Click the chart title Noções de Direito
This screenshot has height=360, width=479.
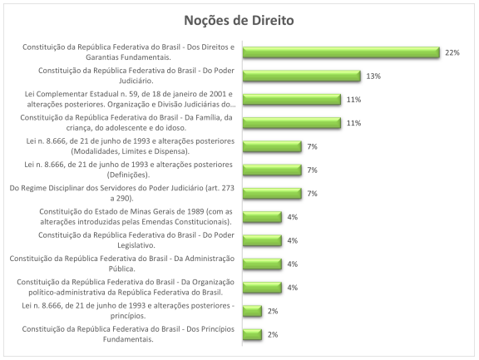coord(239,18)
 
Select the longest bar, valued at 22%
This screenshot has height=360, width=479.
coord(341,52)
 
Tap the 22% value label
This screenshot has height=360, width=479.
coord(452,52)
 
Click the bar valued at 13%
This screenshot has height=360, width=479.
coord(301,76)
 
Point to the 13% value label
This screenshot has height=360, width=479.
coord(373,76)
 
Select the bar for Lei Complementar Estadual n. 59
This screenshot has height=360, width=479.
coord(292,99)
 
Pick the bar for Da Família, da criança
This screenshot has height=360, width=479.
coord(292,123)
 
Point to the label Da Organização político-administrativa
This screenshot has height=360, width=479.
coord(125,287)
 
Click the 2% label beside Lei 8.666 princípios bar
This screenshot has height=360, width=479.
coord(273,311)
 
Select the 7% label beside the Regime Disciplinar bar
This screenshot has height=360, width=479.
coord(314,193)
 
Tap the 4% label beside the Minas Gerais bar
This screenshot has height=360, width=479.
coord(293,217)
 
